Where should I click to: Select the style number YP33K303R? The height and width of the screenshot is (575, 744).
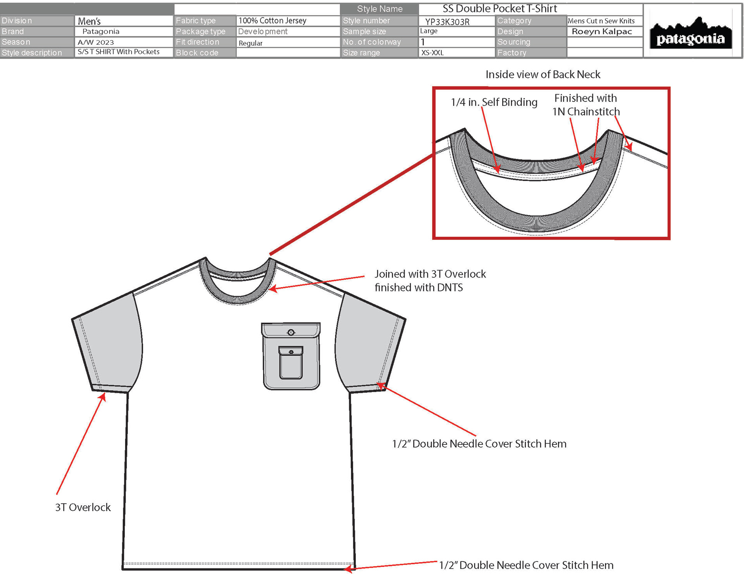tap(447, 22)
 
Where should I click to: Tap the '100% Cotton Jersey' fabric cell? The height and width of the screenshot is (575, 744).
tap(272, 21)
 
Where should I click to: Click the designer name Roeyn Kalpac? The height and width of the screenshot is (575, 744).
tap(602, 31)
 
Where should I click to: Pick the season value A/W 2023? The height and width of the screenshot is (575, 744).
tap(96, 42)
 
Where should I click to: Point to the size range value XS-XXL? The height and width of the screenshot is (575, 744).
tap(432, 53)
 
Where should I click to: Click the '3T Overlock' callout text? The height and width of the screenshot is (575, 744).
tap(83, 507)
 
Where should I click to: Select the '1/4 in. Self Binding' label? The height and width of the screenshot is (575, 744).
tap(494, 102)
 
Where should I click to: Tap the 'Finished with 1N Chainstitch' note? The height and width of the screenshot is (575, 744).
tap(586, 105)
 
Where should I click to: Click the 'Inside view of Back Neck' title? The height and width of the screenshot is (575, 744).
tap(543, 74)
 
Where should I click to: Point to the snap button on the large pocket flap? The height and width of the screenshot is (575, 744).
tap(291, 332)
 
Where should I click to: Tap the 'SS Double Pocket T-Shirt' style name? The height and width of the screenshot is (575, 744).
tap(499, 9)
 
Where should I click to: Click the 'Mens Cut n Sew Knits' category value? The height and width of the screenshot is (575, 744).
tap(601, 21)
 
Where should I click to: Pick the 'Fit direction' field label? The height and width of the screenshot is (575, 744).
tap(198, 42)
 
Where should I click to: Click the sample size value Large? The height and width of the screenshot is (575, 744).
tap(429, 31)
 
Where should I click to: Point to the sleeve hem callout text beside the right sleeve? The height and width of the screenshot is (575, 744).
tap(479, 444)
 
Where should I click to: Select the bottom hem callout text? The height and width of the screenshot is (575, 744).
tap(526, 565)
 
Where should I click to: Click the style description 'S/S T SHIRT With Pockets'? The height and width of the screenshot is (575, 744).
tap(119, 52)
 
